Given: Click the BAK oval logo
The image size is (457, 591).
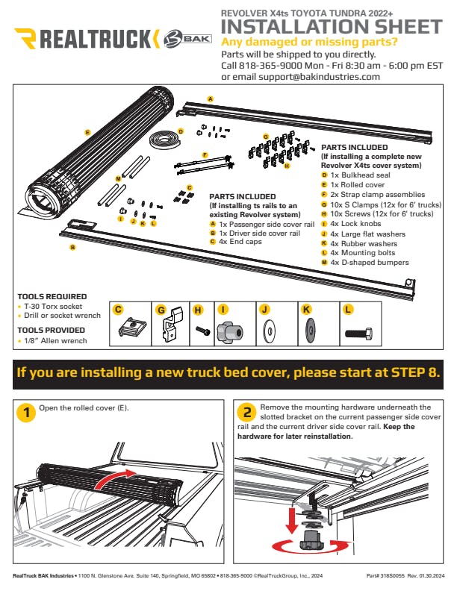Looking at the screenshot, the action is click(187, 39).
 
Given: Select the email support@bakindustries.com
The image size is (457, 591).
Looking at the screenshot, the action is click(319, 77).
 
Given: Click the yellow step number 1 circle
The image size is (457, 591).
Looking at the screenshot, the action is click(26, 413).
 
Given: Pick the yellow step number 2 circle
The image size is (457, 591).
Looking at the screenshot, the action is click(247, 412).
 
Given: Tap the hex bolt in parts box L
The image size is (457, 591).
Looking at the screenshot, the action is click(359, 334).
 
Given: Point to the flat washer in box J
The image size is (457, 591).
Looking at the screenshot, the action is click(269, 331).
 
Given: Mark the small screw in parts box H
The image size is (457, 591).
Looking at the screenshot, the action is click(202, 331).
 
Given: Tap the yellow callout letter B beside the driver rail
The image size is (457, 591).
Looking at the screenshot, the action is click(72, 247).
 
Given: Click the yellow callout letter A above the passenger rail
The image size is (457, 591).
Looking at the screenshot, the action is click(211, 99).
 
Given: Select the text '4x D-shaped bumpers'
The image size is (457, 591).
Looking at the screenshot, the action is click(370, 263).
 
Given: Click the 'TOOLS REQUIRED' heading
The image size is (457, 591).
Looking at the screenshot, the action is click(52, 297).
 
